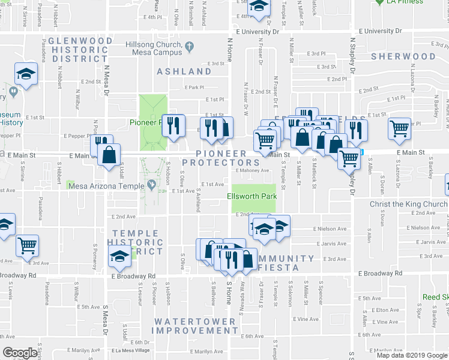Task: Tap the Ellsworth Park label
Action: tap(252, 196)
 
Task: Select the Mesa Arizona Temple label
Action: tap(107, 186)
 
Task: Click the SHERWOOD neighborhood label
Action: tap(403, 56)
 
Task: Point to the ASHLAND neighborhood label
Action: tap(184, 71)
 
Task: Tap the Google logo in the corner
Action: tap(20, 353)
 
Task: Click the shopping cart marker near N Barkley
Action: tap(399, 128)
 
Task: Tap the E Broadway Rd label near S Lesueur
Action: tap(133, 276)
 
